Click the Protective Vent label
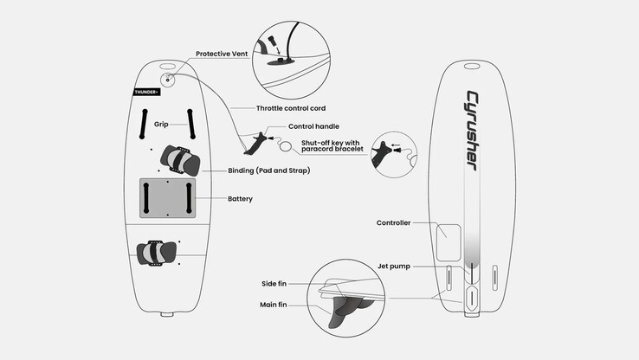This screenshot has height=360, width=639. tap(222, 54)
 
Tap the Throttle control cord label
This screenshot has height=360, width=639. tap(291, 108)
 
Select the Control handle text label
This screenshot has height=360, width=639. tap(313, 126)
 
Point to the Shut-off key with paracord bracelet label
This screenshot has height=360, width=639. tap(332, 145)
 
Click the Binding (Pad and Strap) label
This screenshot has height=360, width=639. tap(269, 170)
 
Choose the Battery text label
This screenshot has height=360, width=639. tap(240, 199)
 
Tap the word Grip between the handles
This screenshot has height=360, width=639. tap(161, 125)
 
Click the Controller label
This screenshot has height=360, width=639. tap(393, 222)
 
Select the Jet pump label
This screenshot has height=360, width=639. tap(394, 267)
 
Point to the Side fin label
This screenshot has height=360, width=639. tap(274, 284)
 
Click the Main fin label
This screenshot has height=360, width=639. tap(273, 305)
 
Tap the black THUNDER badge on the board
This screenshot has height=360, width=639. tap(146, 92)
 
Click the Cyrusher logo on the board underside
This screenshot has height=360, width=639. tap(473, 131)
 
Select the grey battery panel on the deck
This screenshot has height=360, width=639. tap(167, 198)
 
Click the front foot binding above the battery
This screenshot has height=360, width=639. tap(180, 160)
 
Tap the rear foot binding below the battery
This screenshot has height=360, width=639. tap(157, 253)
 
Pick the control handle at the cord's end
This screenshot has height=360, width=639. tap(255, 144)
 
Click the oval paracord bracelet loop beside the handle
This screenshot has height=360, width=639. tap(286, 146)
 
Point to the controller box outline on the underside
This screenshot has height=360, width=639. tap(449, 242)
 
